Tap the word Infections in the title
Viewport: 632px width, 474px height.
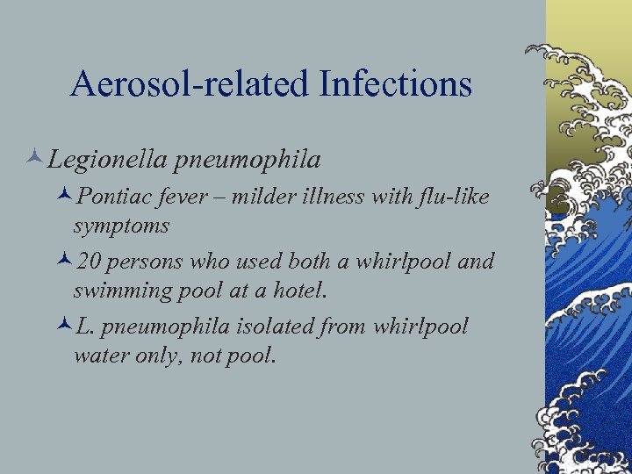pos(396,84)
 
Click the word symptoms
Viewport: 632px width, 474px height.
pos(121,226)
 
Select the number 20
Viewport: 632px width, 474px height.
pos(89,262)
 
